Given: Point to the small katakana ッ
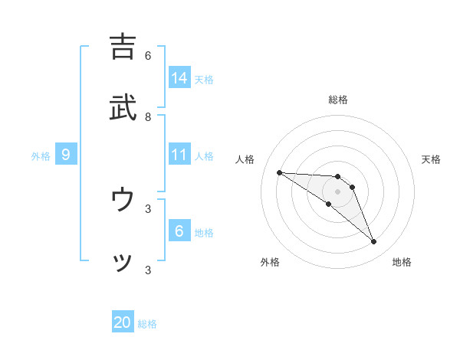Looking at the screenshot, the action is point(123,262).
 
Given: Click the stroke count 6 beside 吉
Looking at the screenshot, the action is point(148,55).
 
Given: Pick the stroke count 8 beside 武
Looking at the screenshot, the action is point(148,117).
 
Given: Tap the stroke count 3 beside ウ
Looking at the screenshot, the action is point(148,208).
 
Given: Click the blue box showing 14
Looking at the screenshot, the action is point(179,77).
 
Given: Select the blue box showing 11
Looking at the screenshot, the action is point(179,155).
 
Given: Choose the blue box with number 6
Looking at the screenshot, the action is point(179,231).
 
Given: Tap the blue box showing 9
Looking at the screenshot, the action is point(66,155).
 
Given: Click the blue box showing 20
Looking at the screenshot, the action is point(123,322).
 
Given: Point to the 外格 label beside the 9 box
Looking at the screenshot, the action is point(41,156).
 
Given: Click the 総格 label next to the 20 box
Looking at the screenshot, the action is point(147,324).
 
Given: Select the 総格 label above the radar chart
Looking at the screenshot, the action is point(338,100).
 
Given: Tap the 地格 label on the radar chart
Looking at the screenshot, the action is point(402,263).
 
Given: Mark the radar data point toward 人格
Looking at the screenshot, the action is point(279,172).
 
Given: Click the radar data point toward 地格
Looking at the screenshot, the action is point(374,242).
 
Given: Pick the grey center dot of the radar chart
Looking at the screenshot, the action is point(337,191).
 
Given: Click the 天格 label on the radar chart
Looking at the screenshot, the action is point(431,159).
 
